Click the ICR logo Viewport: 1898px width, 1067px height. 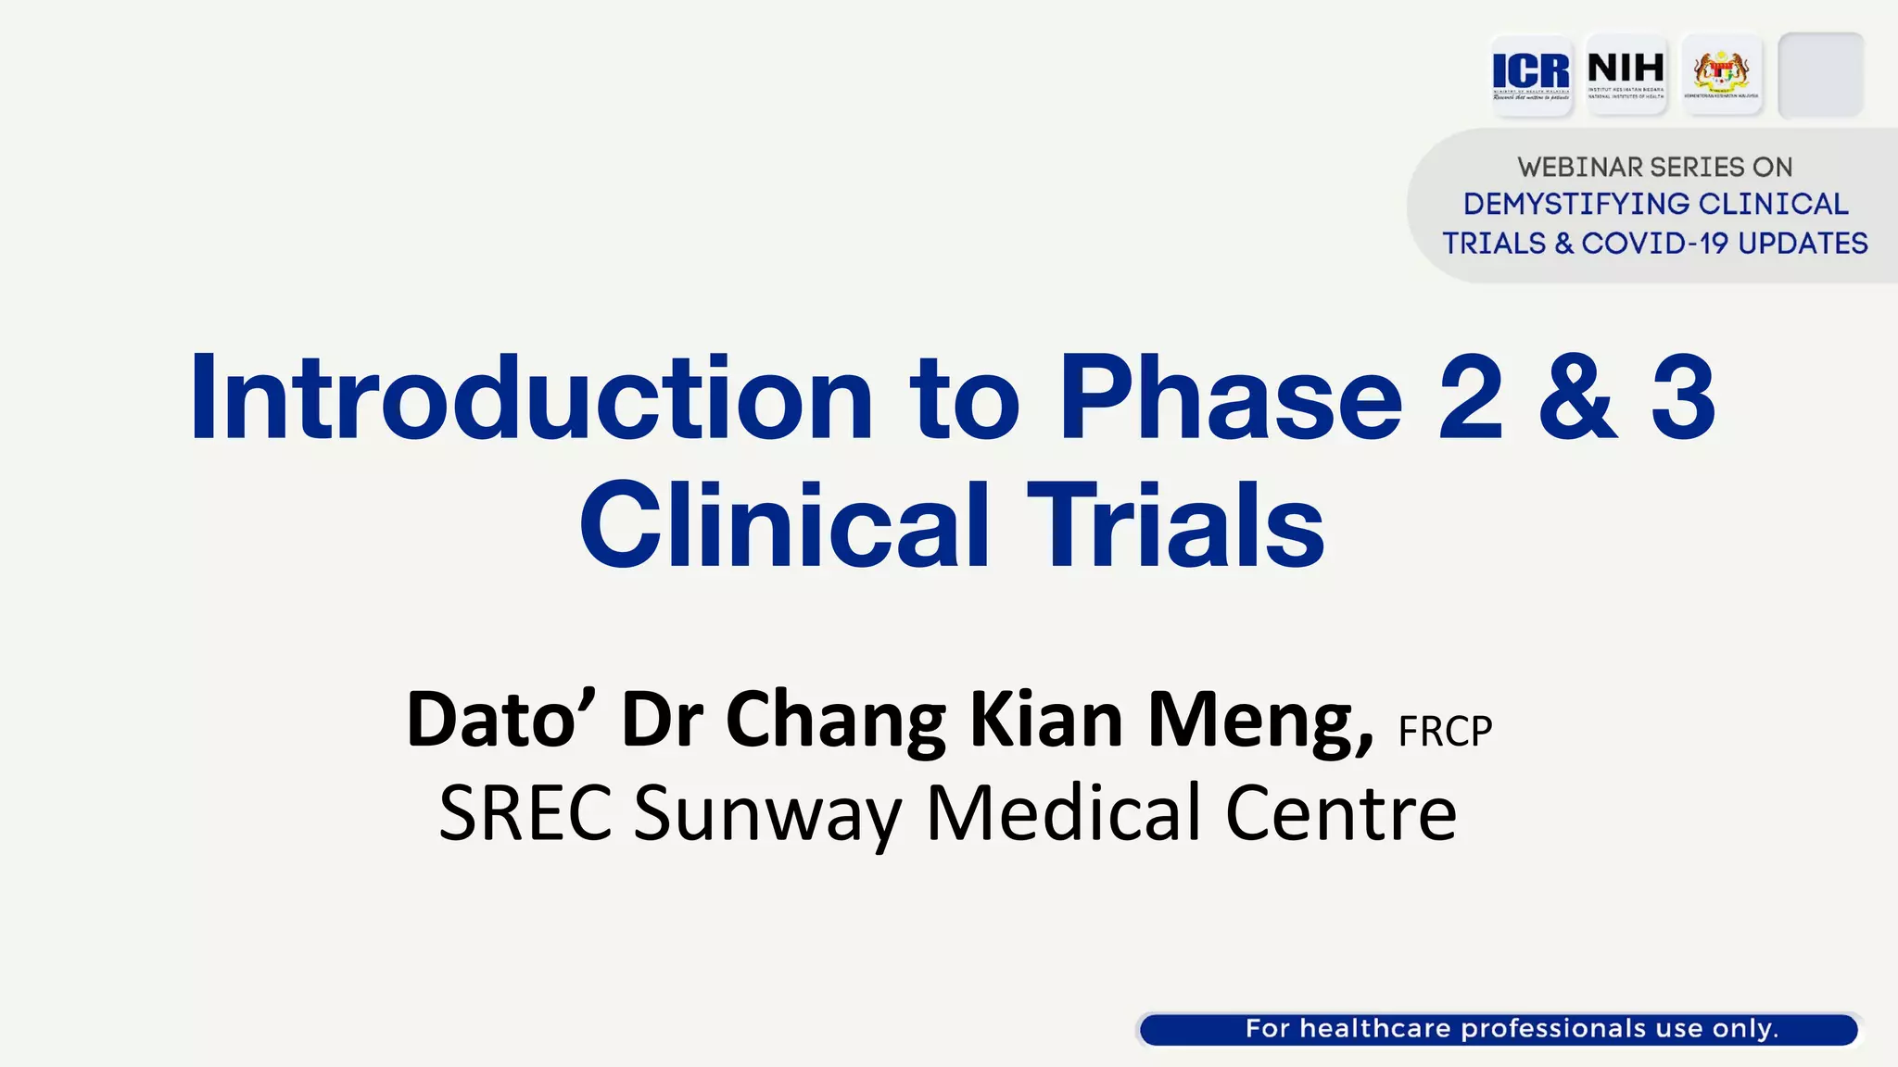(1531, 74)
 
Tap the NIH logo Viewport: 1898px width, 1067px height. (1626, 74)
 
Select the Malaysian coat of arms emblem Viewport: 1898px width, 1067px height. (1721, 74)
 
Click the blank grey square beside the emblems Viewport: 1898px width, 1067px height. (1820, 74)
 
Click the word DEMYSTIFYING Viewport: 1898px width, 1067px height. (1576, 205)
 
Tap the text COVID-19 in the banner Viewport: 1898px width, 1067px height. (1655, 244)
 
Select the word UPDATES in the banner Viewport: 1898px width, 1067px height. (1803, 244)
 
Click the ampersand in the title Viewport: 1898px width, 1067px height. (1577, 397)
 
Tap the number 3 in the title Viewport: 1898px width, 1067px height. (1683, 397)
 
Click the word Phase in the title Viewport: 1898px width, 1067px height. (1230, 397)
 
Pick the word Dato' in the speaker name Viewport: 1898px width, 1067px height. (501, 719)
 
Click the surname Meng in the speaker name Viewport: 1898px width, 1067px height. (1259, 719)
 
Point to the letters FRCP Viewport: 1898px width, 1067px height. (1445, 732)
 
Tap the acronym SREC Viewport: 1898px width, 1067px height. (525, 813)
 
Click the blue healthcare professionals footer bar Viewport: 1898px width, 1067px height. (1499, 1029)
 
